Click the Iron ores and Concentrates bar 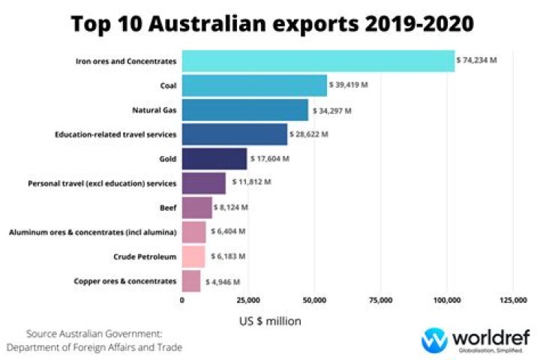(x=318, y=61)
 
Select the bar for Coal (x=254, y=85)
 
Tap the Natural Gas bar (x=244, y=110)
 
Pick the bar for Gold (x=214, y=159)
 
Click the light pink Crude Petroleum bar (x=193, y=256)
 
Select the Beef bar (x=196, y=207)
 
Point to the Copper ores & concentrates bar (x=191, y=281)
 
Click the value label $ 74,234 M (x=477, y=60)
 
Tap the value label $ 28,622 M (x=309, y=134)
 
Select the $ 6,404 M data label (x=227, y=232)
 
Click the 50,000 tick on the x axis (x=314, y=301)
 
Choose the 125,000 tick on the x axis (x=513, y=301)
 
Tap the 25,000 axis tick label (x=248, y=301)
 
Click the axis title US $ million (x=270, y=321)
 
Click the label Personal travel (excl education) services (x=102, y=183)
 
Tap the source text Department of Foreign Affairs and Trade (x=94, y=347)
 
